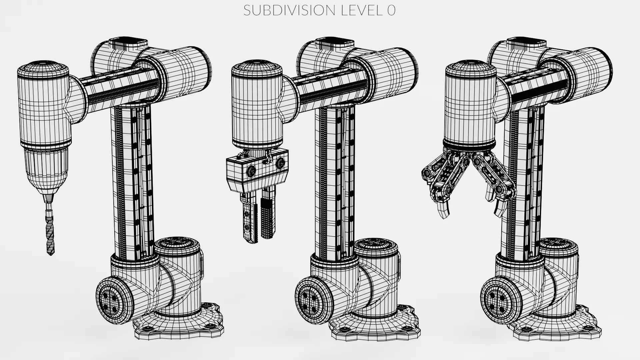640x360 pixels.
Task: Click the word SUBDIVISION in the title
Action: point(289,11)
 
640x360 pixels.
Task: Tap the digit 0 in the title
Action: point(391,11)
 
